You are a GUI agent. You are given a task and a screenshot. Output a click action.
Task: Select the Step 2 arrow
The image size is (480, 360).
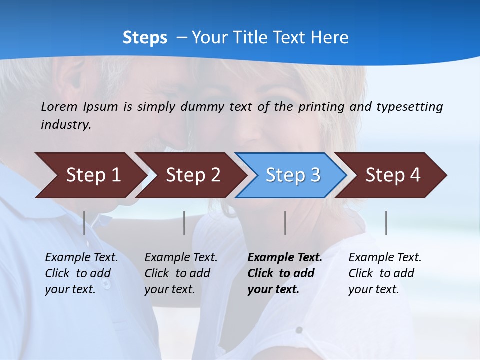click(x=193, y=175)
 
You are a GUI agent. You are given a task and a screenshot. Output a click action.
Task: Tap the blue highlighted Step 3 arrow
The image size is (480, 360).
click(x=293, y=175)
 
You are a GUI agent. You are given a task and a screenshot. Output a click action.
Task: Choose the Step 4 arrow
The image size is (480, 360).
click(x=393, y=175)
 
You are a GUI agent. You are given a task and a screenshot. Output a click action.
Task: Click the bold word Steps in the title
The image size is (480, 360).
click(x=145, y=38)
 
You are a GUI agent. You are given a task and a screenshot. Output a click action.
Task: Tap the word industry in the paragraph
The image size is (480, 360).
click(x=65, y=124)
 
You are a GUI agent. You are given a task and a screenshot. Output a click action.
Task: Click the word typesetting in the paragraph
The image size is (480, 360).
click(x=409, y=106)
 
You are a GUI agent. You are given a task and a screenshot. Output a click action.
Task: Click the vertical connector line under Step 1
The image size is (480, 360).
click(x=84, y=223)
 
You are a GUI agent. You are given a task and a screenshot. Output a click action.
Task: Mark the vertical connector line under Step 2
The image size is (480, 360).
click(x=184, y=223)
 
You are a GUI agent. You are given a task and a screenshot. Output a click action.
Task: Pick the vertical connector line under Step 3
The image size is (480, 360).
click(x=285, y=223)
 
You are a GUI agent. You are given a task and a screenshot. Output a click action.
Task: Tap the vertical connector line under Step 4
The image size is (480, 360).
click(x=386, y=223)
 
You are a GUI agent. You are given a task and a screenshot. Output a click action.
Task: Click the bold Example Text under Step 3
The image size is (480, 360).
click(x=285, y=258)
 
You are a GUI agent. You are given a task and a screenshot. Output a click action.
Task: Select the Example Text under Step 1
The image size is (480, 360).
click(x=81, y=258)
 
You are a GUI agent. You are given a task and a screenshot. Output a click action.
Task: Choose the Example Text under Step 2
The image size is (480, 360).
click(x=181, y=258)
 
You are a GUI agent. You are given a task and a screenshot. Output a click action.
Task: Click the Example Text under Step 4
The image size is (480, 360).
click(x=385, y=258)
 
